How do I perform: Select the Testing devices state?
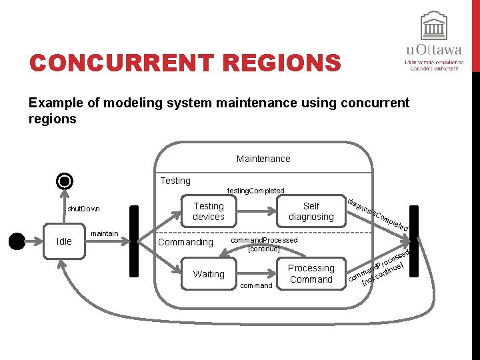[209, 211]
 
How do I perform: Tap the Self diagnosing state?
[311, 211]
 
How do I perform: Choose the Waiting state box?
[209, 274]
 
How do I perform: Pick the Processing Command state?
[311, 273]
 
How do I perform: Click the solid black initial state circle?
[14, 241]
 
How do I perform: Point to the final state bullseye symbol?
[65, 181]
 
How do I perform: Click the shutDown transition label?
[84, 209]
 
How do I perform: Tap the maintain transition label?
[104, 233]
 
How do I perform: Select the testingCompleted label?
[255, 191]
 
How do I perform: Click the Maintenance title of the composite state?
[263, 159]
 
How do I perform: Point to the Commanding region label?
[186, 242]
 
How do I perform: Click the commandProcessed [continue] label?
[264, 243]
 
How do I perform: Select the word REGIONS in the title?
[282, 63]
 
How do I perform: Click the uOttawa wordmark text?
[434, 50]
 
